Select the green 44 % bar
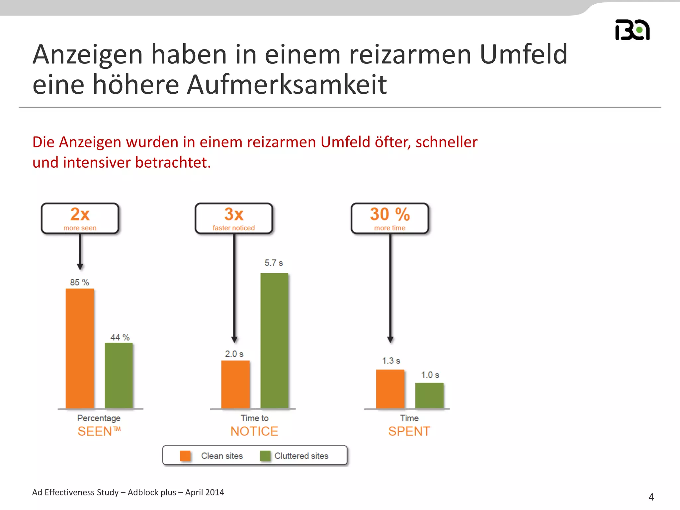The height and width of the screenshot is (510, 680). click(119, 375)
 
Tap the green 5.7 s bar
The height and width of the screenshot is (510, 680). click(274, 340)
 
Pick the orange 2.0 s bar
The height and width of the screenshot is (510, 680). click(235, 384)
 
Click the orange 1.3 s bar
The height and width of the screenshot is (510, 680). click(390, 389)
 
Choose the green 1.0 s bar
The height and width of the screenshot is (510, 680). click(429, 395)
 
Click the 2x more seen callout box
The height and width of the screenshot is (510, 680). click(80, 218)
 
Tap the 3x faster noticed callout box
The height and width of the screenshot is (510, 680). click(234, 218)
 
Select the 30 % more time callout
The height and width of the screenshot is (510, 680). click(390, 218)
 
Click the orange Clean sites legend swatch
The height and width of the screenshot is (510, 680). click(185, 456)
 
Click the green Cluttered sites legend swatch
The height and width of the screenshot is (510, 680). click(265, 456)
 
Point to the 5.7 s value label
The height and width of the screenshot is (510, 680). click(274, 263)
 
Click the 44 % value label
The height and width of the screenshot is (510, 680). click(120, 337)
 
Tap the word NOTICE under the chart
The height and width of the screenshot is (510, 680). click(254, 431)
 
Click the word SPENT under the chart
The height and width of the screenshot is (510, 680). click(409, 431)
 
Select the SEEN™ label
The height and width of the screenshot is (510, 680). click(99, 431)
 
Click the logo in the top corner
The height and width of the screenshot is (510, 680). click(632, 30)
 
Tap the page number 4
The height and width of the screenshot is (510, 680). click(651, 497)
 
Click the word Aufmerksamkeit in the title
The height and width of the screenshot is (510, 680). click(287, 84)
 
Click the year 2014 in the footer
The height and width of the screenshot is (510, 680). click(214, 492)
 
